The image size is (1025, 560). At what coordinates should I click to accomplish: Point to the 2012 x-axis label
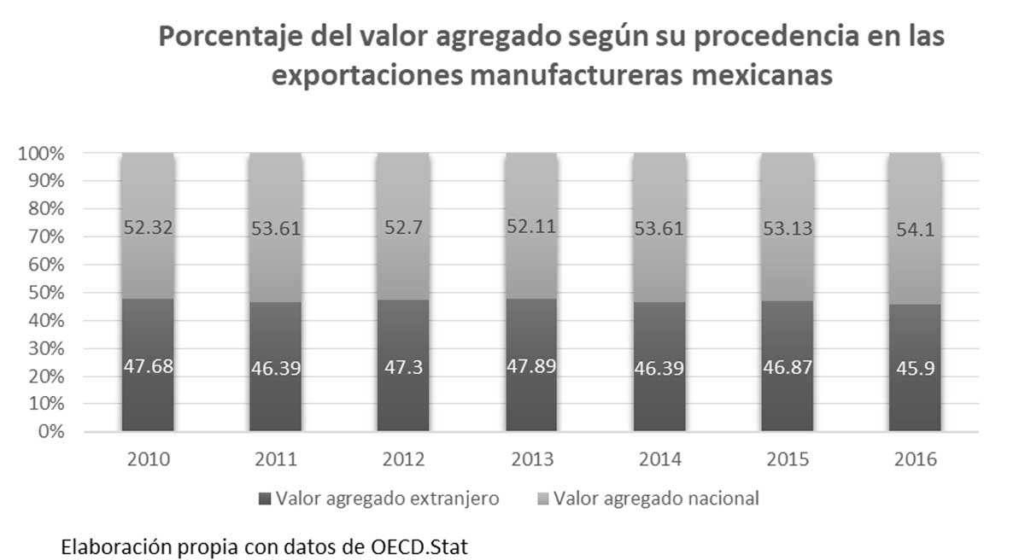coord(404,459)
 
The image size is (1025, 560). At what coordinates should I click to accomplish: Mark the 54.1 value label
coord(914,229)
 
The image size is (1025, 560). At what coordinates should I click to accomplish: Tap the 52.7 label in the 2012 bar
coord(404,229)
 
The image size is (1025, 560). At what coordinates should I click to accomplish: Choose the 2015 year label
coord(787,459)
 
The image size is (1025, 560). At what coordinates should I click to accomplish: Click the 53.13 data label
coord(787,229)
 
